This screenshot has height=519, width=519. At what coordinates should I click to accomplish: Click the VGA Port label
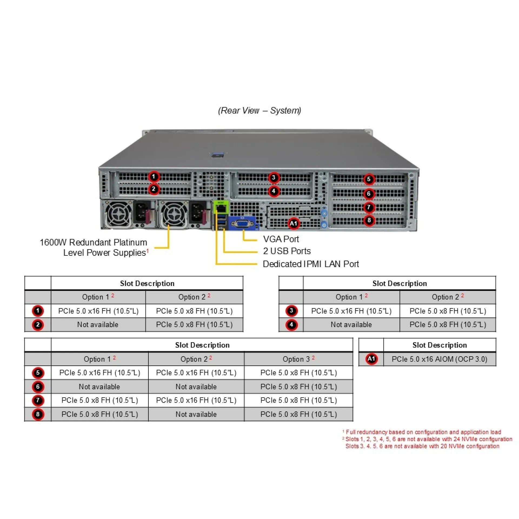[281, 239]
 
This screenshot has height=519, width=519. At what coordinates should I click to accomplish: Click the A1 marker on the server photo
[294, 224]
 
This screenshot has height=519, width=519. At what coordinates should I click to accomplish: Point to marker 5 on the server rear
[369, 179]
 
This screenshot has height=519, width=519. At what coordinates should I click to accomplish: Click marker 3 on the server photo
[274, 178]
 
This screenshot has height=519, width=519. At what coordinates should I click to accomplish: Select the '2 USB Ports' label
[287, 251]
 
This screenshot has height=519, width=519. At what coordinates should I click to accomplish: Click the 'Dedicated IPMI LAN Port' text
[311, 264]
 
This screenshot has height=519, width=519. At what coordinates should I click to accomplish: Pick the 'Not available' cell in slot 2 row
[98, 325]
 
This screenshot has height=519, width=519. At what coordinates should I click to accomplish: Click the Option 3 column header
[298, 359]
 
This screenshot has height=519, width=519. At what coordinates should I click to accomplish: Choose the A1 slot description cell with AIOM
[439, 359]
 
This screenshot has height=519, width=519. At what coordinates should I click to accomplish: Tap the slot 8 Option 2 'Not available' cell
[196, 414]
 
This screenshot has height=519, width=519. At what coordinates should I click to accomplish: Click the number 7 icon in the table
[38, 400]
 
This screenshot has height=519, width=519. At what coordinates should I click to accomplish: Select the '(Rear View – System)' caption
[259, 110]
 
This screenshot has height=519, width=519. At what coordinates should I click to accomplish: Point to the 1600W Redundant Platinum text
[94, 242]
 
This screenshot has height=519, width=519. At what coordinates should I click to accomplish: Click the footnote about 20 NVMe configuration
[422, 446]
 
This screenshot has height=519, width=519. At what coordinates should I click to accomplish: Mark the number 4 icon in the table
[291, 325]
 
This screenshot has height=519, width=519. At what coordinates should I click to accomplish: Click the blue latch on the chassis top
[218, 155]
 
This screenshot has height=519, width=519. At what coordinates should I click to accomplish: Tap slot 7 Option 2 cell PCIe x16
[196, 400]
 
